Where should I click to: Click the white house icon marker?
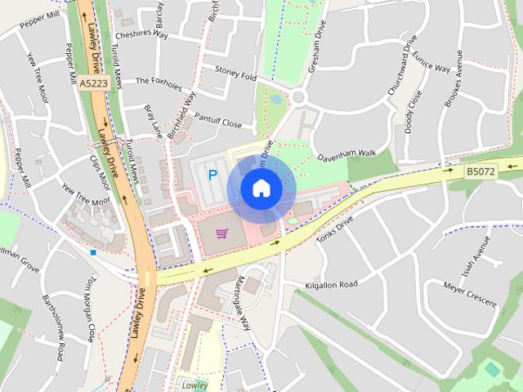pos(261,189)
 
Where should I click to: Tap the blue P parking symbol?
pos(213,174)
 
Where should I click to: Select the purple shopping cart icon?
pos(221,234)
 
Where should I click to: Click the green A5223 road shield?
pos(94,82)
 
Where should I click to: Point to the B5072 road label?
pos(481,171)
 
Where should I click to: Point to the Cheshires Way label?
pos(141,35)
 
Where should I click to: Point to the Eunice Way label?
pos(431,62)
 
